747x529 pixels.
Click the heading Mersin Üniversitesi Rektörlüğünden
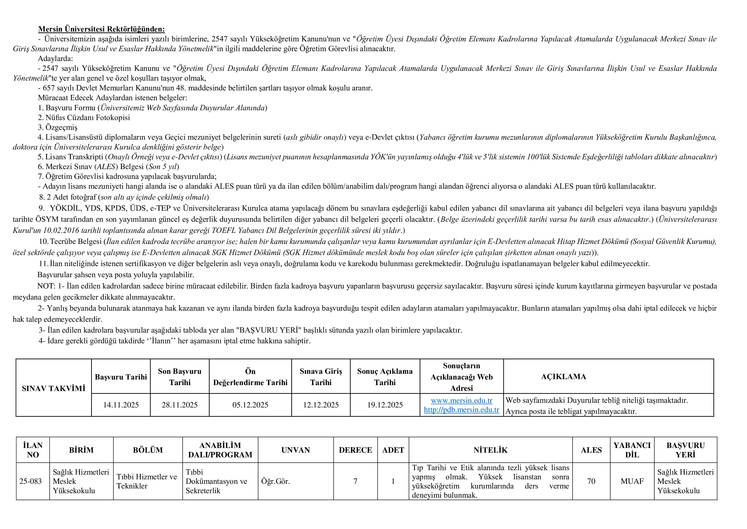coord(102,29)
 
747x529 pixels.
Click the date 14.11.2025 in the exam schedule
coord(121,405)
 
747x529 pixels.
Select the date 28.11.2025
coord(180,405)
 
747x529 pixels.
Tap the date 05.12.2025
coord(250,405)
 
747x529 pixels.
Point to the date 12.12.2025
coord(321,405)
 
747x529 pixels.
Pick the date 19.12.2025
coord(385,405)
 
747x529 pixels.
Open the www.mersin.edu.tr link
coord(461,400)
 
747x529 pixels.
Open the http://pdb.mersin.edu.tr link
coord(461,410)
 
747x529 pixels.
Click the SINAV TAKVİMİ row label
coord(54,388)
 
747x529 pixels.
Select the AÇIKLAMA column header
coord(563,377)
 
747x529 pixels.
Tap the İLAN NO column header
coord(33,450)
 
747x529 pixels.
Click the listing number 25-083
coord(31,481)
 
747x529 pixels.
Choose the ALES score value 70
coord(591,481)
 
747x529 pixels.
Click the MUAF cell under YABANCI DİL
coord(632,481)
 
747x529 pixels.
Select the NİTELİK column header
coord(490,450)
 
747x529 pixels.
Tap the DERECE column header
coord(355,450)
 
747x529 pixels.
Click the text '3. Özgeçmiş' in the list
coord(57,127)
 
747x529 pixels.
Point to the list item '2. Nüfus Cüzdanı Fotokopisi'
coord(84,118)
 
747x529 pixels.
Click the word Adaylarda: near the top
coord(55,59)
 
